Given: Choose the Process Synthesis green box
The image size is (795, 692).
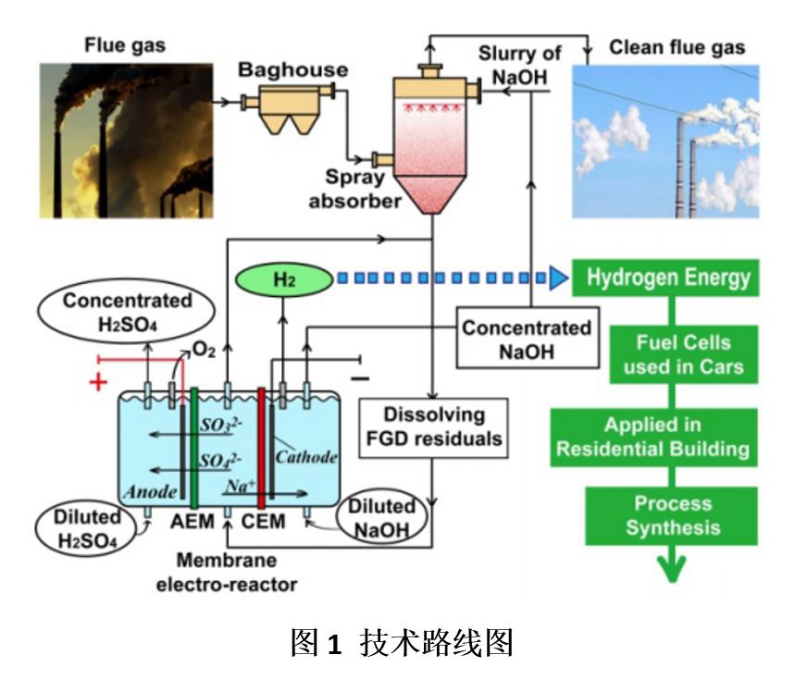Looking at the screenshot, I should point(675,515).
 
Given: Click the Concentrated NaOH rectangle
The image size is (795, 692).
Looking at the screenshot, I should point(527,340).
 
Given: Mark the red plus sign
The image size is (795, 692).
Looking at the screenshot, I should point(94,380).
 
